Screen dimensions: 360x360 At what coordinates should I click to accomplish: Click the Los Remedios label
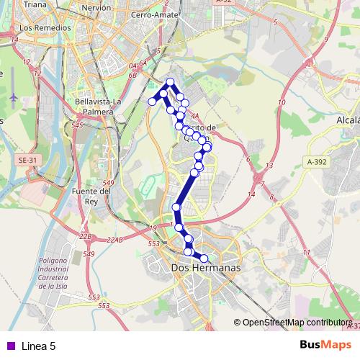tap(46, 27)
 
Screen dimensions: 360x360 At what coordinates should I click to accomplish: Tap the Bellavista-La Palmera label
tap(94, 107)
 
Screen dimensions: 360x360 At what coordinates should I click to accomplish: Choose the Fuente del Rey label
tap(91, 196)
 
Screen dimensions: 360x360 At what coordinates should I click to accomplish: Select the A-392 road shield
tap(315, 162)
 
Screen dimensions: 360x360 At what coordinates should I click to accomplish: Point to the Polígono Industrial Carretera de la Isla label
tap(63, 273)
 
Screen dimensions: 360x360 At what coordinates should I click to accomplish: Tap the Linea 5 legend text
tap(38, 346)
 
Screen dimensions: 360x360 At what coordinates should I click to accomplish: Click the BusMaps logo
tap(326, 345)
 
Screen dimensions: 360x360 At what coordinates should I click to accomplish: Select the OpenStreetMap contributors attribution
tap(297, 323)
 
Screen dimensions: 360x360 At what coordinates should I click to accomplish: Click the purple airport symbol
tap(14, 96)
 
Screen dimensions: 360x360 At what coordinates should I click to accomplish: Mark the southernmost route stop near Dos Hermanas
tap(204, 258)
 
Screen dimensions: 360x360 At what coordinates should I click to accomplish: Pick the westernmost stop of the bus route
tap(153, 102)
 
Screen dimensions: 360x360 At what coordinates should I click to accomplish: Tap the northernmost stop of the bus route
tap(171, 81)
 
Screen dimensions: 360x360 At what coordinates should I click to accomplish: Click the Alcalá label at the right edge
tap(348, 120)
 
